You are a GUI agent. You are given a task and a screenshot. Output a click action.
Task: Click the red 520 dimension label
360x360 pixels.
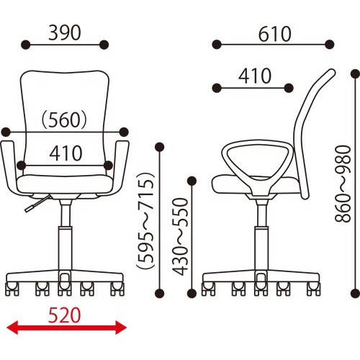click(64, 315)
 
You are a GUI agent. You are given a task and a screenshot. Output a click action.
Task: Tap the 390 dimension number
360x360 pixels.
click(65, 33)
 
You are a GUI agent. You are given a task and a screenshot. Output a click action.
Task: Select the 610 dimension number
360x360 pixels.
click(275, 35)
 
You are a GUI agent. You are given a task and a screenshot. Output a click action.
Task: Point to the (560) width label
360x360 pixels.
click(64, 120)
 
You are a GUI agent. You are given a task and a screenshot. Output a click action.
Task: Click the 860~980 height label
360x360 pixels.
click(343, 184)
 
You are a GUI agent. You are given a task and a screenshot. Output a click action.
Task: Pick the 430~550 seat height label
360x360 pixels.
click(181, 236)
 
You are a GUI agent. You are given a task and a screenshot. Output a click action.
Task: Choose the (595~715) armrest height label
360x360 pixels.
click(145, 220)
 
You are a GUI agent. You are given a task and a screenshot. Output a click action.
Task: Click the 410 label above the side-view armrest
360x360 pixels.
click(255, 76)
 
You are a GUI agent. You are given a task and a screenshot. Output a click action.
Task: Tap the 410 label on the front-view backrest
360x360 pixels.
click(66, 153)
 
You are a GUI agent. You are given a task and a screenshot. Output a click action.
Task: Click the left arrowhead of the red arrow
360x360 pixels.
click(12, 328)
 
